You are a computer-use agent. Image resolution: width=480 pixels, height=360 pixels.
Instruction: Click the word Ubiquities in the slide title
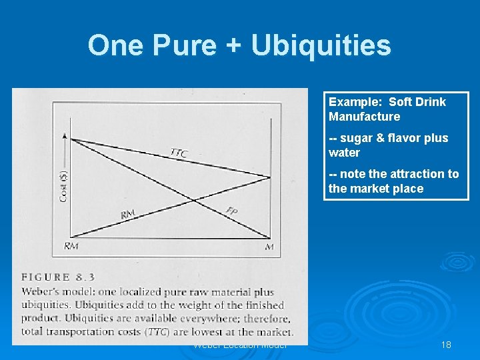[321, 45]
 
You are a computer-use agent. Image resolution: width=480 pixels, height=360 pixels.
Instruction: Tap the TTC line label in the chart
[179, 153]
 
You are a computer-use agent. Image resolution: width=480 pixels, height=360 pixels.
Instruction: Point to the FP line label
[232, 211]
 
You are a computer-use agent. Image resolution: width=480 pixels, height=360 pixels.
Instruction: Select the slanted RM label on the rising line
[127, 214]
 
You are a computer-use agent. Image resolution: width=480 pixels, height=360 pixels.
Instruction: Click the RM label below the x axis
[71, 246]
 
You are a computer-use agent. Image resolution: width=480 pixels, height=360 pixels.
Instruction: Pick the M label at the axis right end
[269, 247]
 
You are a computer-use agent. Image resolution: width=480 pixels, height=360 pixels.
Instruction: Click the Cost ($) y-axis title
[64, 187]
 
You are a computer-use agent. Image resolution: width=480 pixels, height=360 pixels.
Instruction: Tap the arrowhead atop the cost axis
[65, 135]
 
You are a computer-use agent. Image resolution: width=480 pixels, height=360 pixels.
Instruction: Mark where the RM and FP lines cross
[194, 200]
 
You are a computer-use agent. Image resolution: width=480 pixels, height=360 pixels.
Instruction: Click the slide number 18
[446, 345]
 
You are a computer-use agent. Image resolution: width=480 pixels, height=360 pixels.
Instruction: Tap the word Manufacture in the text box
[364, 117]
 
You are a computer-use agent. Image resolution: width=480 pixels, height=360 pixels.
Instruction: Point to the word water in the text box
[344, 153]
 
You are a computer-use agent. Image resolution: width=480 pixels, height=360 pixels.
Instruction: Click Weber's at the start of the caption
[41, 291]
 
